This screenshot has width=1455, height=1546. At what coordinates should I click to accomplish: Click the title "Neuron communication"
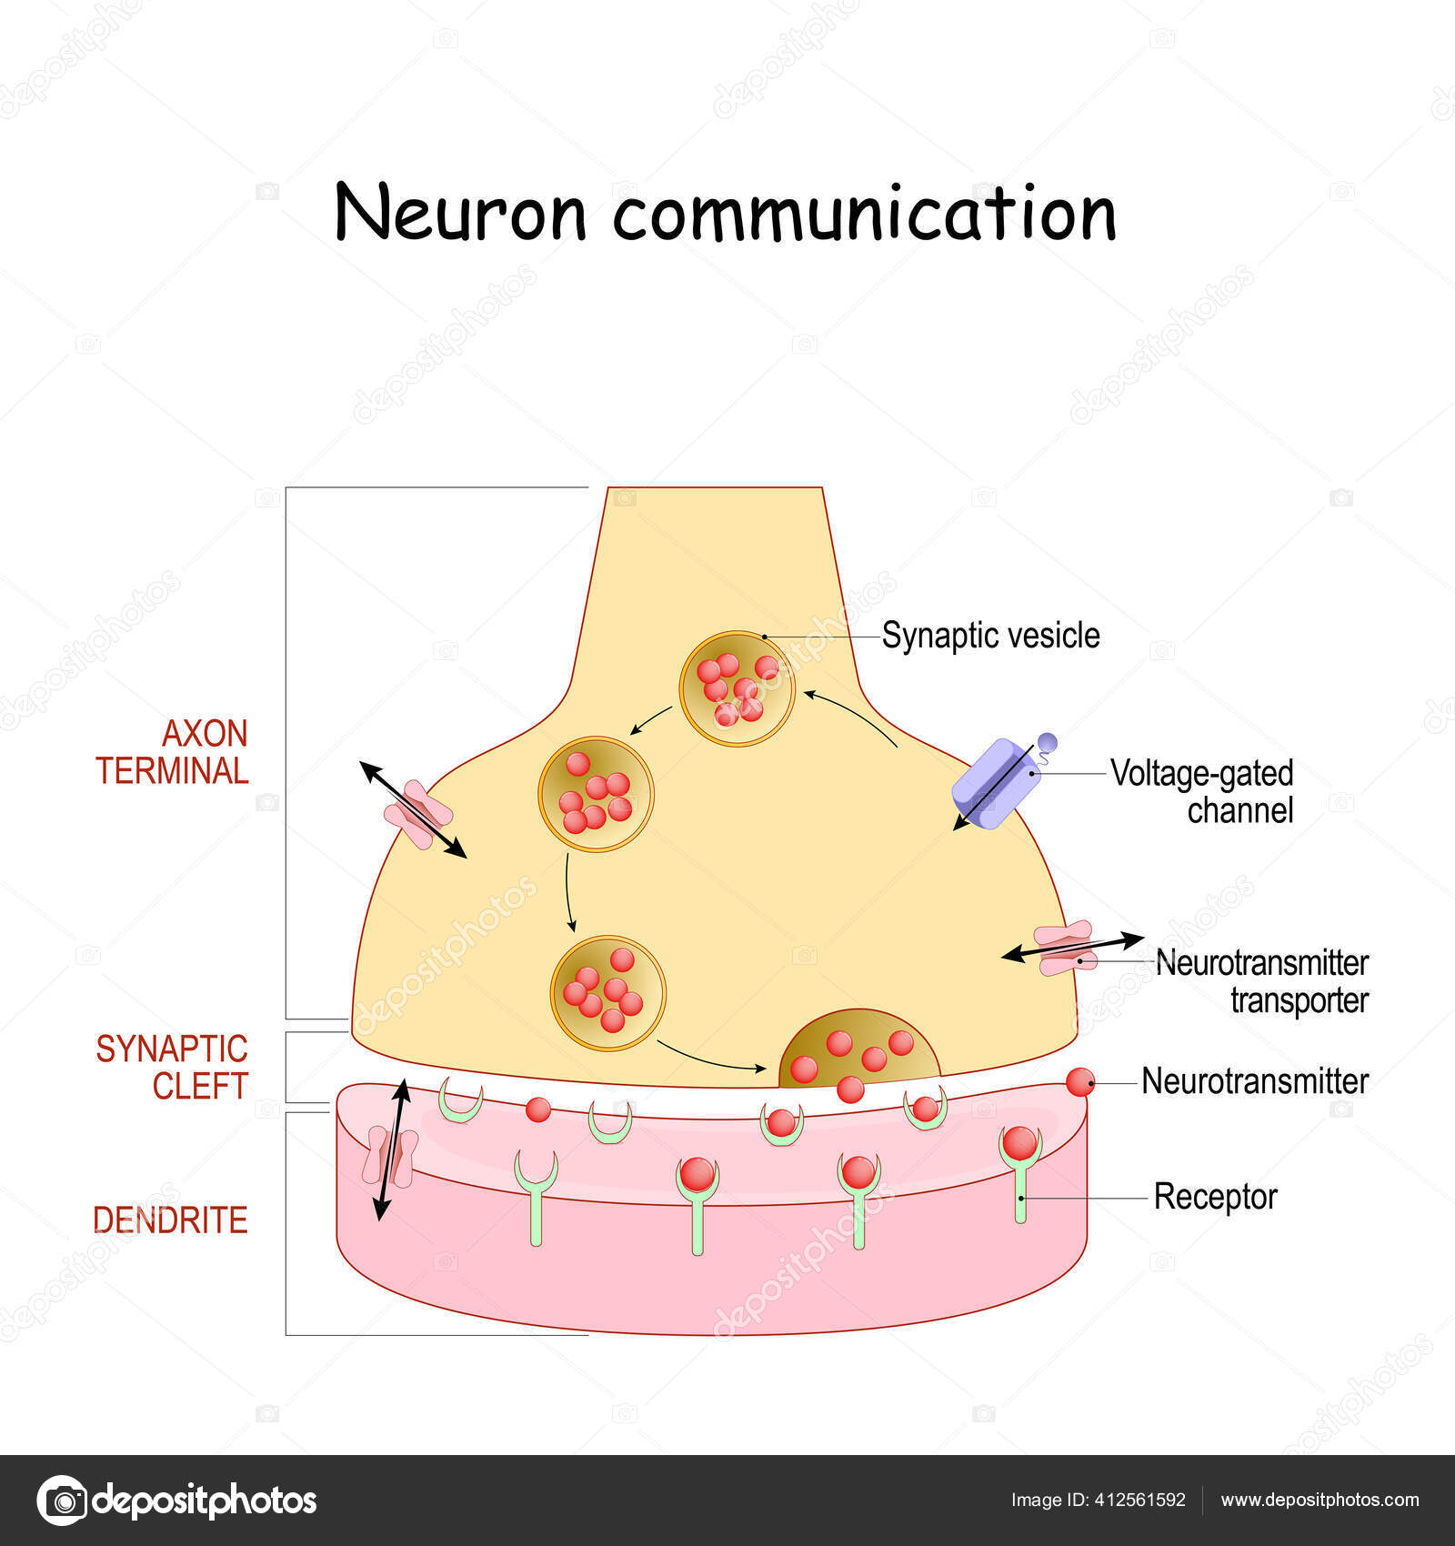pos(725,213)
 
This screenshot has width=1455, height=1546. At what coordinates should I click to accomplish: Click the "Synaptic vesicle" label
pos(990,636)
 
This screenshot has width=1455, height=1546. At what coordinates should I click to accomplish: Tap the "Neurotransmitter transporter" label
pos(1261,981)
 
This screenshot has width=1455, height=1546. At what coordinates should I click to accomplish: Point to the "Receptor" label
pos(1215,1197)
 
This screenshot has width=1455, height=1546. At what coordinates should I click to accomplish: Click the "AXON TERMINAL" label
pos(173,752)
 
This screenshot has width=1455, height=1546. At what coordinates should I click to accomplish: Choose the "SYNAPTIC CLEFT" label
pos(173,1067)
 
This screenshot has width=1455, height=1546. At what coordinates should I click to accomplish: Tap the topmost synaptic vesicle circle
pos(737,689)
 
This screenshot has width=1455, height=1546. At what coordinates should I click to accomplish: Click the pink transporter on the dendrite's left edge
pos(390,1156)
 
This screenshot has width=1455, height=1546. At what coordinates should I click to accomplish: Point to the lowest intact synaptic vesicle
pos(608,993)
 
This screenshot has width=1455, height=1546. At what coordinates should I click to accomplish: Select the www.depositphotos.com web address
pos(1320,1500)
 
